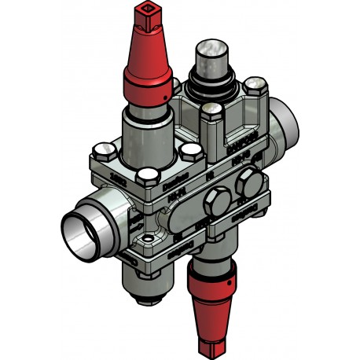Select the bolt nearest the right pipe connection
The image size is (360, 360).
coord(254,85)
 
